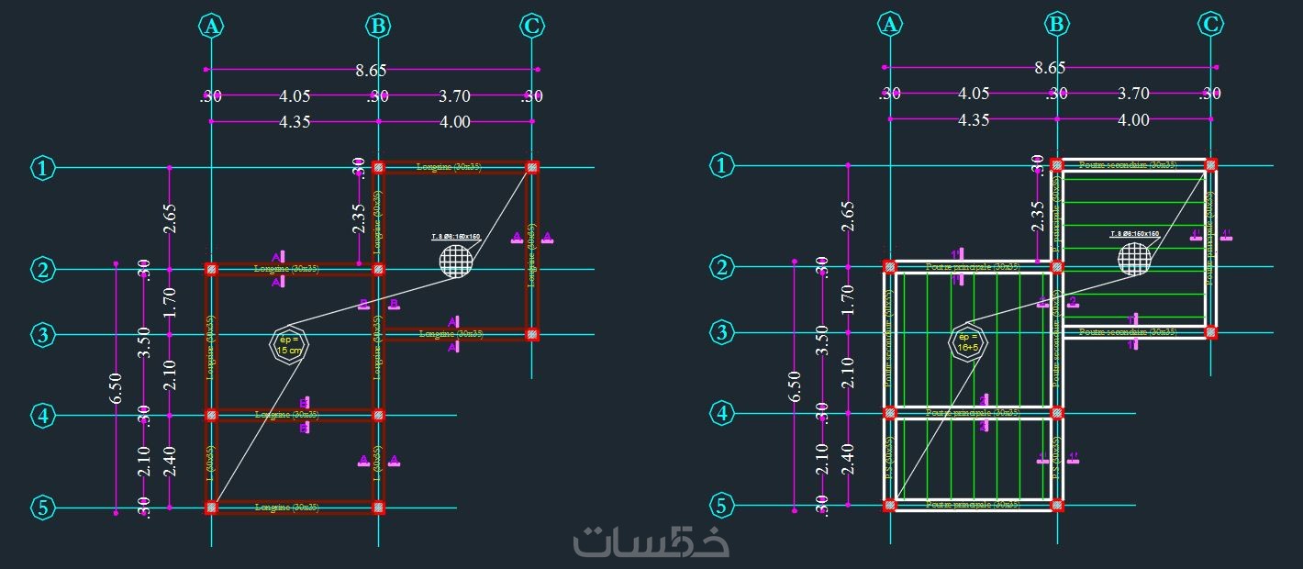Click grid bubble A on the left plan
(212, 26)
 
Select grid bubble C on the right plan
(1211, 24)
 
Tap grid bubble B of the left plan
(377, 26)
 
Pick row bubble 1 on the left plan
(43, 168)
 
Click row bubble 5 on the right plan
(723, 505)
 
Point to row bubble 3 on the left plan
(43, 335)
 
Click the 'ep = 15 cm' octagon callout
(289, 345)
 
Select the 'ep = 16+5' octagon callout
(965, 342)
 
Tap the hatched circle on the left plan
(456, 260)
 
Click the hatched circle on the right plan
(1135, 256)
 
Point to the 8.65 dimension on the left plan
(371, 70)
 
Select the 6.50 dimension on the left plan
(116, 387)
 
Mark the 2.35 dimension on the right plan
(1038, 217)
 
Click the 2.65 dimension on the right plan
(847, 217)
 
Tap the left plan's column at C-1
(532, 168)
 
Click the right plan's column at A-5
(888, 505)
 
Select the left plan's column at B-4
(378, 416)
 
